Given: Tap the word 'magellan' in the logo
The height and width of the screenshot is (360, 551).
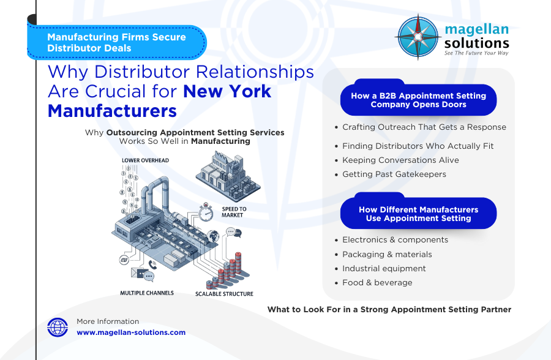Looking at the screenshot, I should pyautogui.click(x=476, y=29).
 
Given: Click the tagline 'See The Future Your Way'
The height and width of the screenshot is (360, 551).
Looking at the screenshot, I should pyautogui.click(x=476, y=53).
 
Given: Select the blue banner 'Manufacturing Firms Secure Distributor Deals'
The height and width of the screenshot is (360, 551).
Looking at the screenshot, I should pyautogui.click(x=116, y=42).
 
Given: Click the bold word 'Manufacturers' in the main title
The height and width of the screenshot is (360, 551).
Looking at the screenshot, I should pyautogui.click(x=112, y=111).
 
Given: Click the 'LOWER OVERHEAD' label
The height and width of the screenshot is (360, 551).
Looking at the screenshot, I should pyautogui.click(x=145, y=160).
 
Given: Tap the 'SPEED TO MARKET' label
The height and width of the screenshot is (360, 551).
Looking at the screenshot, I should pyautogui.click(x=234, y=212).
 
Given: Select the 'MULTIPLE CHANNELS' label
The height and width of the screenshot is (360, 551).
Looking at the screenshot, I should pyautogui.click(x=146, y=293).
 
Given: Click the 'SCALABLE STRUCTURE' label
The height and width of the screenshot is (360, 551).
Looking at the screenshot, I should pyautogui.click(x=223, y=294).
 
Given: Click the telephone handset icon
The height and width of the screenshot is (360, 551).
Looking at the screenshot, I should pyautogui.click(x=152, y=264).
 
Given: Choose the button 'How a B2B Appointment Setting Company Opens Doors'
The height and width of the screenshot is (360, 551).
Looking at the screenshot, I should pyautogui.click(x=418, y=100).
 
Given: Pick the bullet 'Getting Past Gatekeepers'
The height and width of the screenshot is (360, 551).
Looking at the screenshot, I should pyautogui.click(x=394, y=174).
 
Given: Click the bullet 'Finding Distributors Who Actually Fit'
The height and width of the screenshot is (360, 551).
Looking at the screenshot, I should pyautogui.click(x=418, y=146).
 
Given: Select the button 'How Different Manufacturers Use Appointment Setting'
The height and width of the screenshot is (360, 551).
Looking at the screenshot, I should pyautogui.click(x=418, y=214).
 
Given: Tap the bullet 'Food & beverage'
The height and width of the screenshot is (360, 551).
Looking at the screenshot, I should pyautogui.click(x=377, y=283).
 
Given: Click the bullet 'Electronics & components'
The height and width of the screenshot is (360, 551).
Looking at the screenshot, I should pyautogui.click(x=395, y=240).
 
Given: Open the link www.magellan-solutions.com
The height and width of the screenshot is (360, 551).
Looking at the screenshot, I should pyautogui.click(x=131, y=332).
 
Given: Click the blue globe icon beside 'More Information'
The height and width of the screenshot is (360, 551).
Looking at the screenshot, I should pyautogui.click(x=58, y=328).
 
